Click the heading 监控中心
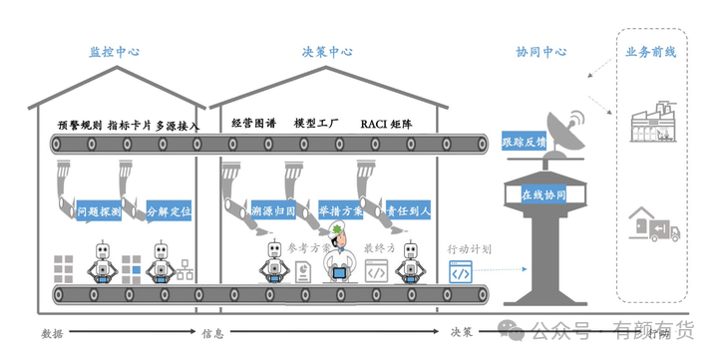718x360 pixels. point(115,52)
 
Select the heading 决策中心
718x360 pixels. point(327,52)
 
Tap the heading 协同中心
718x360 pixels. point(541,52)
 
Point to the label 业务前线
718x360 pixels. point(650,52)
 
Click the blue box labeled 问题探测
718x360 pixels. point(100,211)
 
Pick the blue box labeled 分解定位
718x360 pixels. point(169,211)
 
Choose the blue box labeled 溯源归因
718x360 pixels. point(272,211)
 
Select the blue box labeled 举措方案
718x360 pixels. point(341,211)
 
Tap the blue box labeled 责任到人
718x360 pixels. point(409,211)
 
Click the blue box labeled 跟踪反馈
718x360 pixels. point(525,142)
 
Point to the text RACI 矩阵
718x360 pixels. point(387,124)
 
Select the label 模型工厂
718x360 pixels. point(316,124)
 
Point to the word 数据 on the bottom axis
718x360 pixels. point(52,333)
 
